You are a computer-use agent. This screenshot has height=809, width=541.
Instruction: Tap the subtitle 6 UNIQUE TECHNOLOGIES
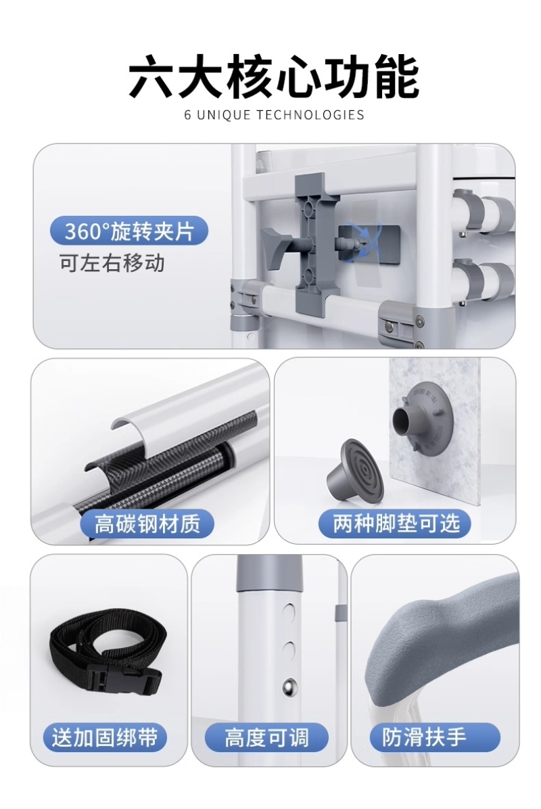tap(274, 114)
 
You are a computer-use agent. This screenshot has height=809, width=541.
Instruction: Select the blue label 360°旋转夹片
tap(129, 231)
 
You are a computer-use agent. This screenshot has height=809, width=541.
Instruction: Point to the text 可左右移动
tap(112, 263)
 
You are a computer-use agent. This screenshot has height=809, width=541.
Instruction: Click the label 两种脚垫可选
tap(396, 524)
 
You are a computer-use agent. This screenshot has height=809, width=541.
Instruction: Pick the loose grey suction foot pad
tap(353, 471)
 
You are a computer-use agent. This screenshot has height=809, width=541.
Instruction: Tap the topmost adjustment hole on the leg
tap(290, 611)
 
